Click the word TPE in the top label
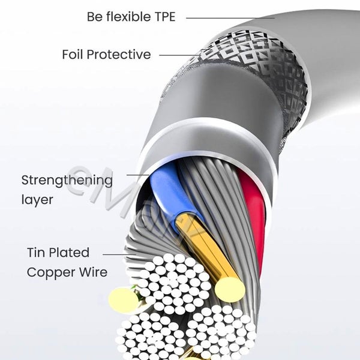(162, 17)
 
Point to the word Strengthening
(67, 180)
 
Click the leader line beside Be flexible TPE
(228, 17)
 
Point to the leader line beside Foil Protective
(180, 55)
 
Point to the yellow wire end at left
(123, 299)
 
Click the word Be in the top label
(94, 17)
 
